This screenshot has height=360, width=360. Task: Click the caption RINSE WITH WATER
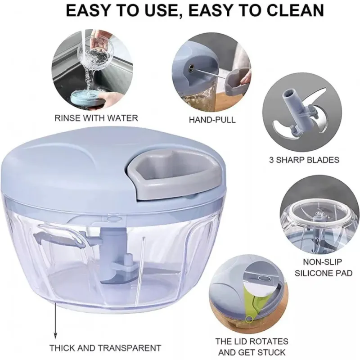click(x=96, y=118)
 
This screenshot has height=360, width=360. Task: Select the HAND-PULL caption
click(x=212, y=120)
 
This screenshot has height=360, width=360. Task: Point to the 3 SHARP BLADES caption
click(x=304, y=160)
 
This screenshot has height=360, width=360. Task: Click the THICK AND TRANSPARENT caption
click(x=105, y=348)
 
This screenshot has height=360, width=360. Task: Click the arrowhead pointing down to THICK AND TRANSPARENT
click(x=55, y=335)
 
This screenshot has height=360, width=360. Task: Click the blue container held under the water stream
click(x=85, y=98)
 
